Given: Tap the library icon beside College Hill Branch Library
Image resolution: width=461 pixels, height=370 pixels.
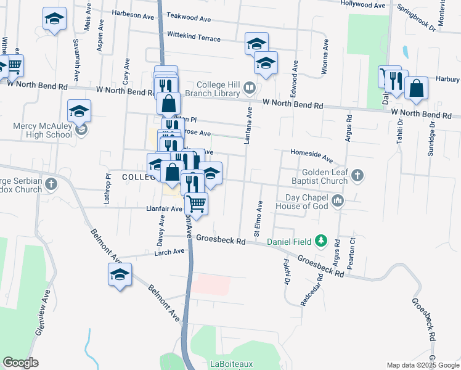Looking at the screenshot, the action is [249, 88].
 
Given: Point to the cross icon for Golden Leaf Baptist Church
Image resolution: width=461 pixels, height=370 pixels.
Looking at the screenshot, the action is [357, 177].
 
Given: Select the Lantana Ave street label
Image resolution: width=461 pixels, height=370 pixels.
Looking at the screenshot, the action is [250, 126].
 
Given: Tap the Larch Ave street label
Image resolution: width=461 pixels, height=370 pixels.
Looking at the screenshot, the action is [170, 252].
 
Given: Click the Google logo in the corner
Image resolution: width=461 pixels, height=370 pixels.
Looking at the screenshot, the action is [20, 363].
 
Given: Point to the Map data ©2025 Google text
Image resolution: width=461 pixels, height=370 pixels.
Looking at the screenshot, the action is [422, 365].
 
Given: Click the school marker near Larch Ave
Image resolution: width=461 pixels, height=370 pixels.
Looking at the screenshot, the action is [120, 274].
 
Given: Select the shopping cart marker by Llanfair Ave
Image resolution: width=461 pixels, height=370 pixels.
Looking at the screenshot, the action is [196, 202].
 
